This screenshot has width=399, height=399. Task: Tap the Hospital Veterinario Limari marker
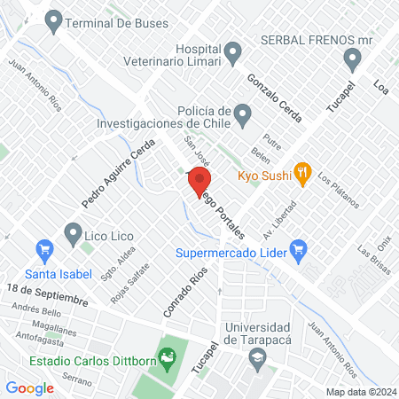click(x=233, y=52)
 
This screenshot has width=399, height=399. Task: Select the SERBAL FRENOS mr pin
click(x=352, y=60)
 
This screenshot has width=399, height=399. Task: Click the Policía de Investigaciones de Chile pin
click(x=245, y=113)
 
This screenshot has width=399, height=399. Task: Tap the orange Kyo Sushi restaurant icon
click(x=302, y=174)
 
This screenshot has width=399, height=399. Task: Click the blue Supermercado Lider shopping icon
click(x=298, y=249)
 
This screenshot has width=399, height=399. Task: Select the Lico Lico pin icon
click(x=73, y=235)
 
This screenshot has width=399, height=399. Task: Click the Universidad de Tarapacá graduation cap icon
click(x=256, y=359)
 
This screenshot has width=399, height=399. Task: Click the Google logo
click(x=30, y=387)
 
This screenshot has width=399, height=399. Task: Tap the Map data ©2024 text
click(x=360, y=391)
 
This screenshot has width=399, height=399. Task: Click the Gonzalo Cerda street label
click(x=275, y=99)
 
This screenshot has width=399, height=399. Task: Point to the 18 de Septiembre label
click(x=45, y=294)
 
